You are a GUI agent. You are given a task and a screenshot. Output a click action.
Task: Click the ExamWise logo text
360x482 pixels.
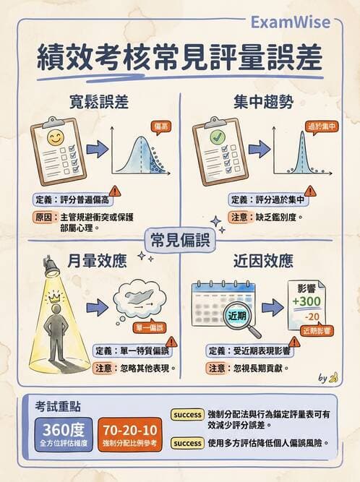coord(290,22)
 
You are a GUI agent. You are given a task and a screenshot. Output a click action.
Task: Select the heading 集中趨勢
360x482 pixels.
coord(263,102)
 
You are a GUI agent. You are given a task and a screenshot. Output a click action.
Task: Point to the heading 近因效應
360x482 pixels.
coord(263,259)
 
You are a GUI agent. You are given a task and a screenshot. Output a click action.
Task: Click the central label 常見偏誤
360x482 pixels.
coord(180,239)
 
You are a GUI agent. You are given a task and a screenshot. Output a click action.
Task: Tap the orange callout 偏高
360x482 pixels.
coord(161,126)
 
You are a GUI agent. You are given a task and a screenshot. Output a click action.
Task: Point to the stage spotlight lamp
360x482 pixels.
coord(51,268)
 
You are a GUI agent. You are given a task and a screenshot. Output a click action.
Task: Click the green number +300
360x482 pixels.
coord(307,301)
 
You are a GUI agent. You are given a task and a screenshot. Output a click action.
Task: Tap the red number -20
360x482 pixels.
coord(312,317)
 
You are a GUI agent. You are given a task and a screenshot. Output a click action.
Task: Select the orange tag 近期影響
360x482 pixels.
coord(318,330)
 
